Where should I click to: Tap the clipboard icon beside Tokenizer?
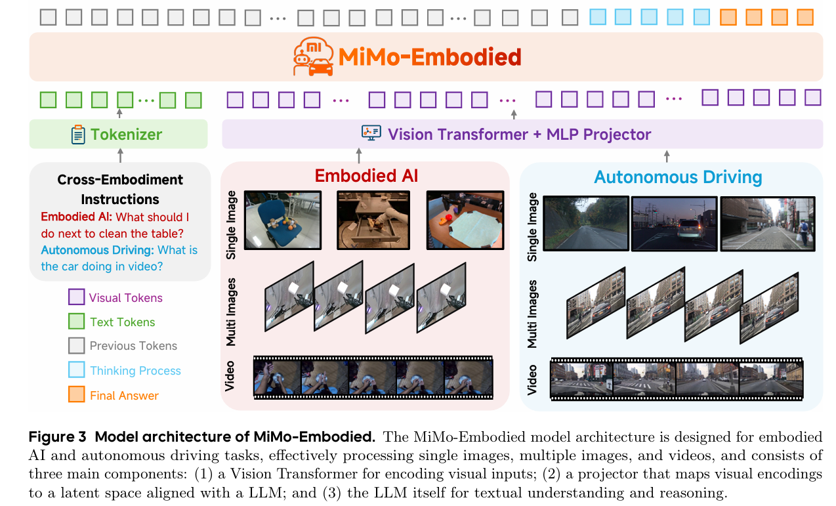[x=78, y=135]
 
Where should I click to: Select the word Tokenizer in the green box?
[x=126, y=135]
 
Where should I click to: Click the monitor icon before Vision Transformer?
[x=371, y=134]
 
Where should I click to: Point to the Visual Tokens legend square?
[x=77, y=297]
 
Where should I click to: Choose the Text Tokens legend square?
[x=77, y=322]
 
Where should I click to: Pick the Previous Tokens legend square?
[x=77, y=346]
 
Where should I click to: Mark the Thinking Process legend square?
[x=77, y=370]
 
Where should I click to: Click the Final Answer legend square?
[x=77, y=395]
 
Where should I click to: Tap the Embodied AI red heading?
[x=366, y=176]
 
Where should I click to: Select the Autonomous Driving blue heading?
[x=678, y=177]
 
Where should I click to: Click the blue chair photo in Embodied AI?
[x=282, y=220]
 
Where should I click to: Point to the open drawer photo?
[x=373, y=220]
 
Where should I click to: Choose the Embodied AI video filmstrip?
[x=373, y=377]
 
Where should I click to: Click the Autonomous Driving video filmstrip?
[x=676, y=379]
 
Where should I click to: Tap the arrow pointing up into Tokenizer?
[x=119, y=155]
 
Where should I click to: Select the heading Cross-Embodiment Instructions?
[x=120, y=189]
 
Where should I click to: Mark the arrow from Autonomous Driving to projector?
[x=667, y=156]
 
